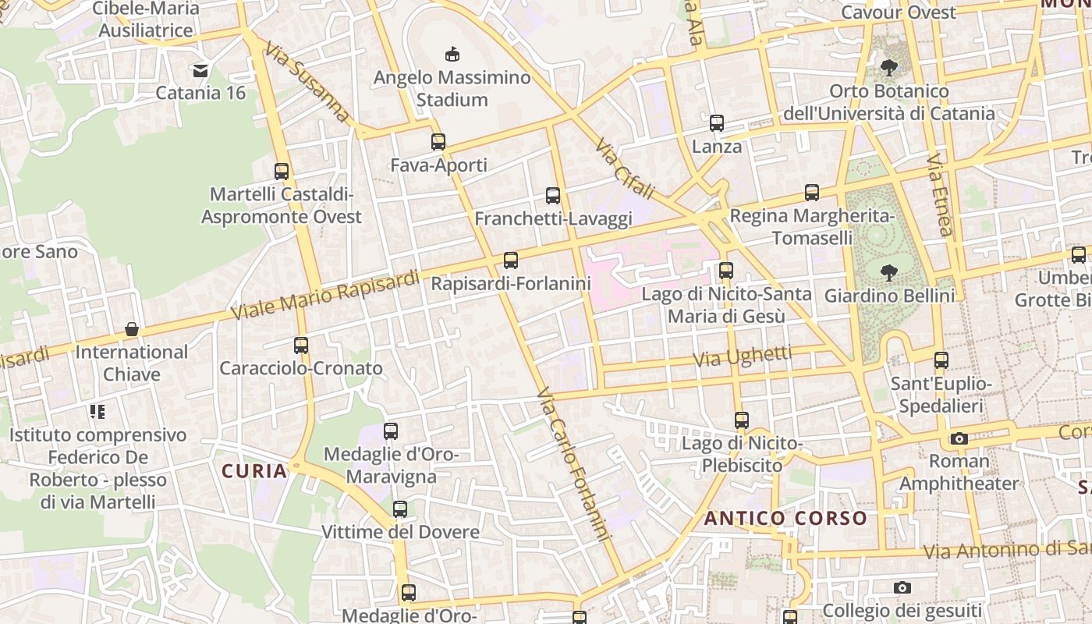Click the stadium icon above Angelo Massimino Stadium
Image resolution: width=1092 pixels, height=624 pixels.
coord(452,54)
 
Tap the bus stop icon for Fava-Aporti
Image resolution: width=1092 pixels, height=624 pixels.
coord(438,142)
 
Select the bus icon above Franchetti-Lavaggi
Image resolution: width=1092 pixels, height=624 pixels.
coord(553,196)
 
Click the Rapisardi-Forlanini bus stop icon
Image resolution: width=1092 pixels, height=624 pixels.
coord(511,261)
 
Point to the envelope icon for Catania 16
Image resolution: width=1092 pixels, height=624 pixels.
coord(200,70)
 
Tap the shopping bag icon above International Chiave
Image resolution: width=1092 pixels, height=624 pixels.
coord(132,329)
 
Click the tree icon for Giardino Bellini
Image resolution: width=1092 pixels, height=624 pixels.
coord(888,273)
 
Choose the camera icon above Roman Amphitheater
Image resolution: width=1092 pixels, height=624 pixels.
coord(959,438)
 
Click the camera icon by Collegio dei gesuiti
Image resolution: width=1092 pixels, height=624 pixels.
coord(902,587)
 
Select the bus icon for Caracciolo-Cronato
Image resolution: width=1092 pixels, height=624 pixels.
coord(301,345)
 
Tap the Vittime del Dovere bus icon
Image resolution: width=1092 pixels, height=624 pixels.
coord(400,509)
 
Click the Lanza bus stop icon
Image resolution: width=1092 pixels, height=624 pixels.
coord(717,123)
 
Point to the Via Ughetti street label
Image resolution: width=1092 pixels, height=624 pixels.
coord(743,356)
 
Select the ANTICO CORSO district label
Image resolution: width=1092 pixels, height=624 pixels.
coord(785,518)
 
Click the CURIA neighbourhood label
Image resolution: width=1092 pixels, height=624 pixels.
coord(254,471)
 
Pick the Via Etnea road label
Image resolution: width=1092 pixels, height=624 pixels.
coord(940,195)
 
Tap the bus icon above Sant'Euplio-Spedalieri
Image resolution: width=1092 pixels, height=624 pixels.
coord(941,360)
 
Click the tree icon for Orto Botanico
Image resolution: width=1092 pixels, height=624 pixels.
coord(888,68)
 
